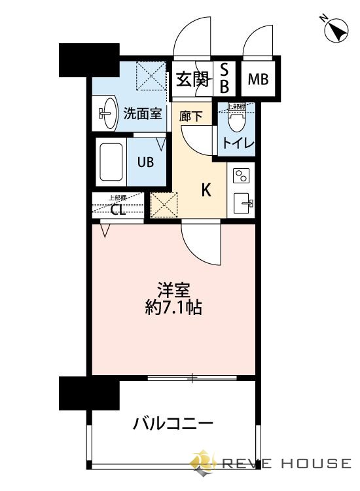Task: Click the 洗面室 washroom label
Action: click(143, 113)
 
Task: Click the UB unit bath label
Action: click(145, 162)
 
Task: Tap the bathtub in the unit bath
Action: click(112, 162)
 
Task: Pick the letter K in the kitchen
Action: click(206, 190)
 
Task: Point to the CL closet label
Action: click(118, 209)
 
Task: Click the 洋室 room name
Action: click(173, 289)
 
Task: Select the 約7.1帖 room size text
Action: click(173, 307)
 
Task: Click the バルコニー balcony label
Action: click(173, 424)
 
